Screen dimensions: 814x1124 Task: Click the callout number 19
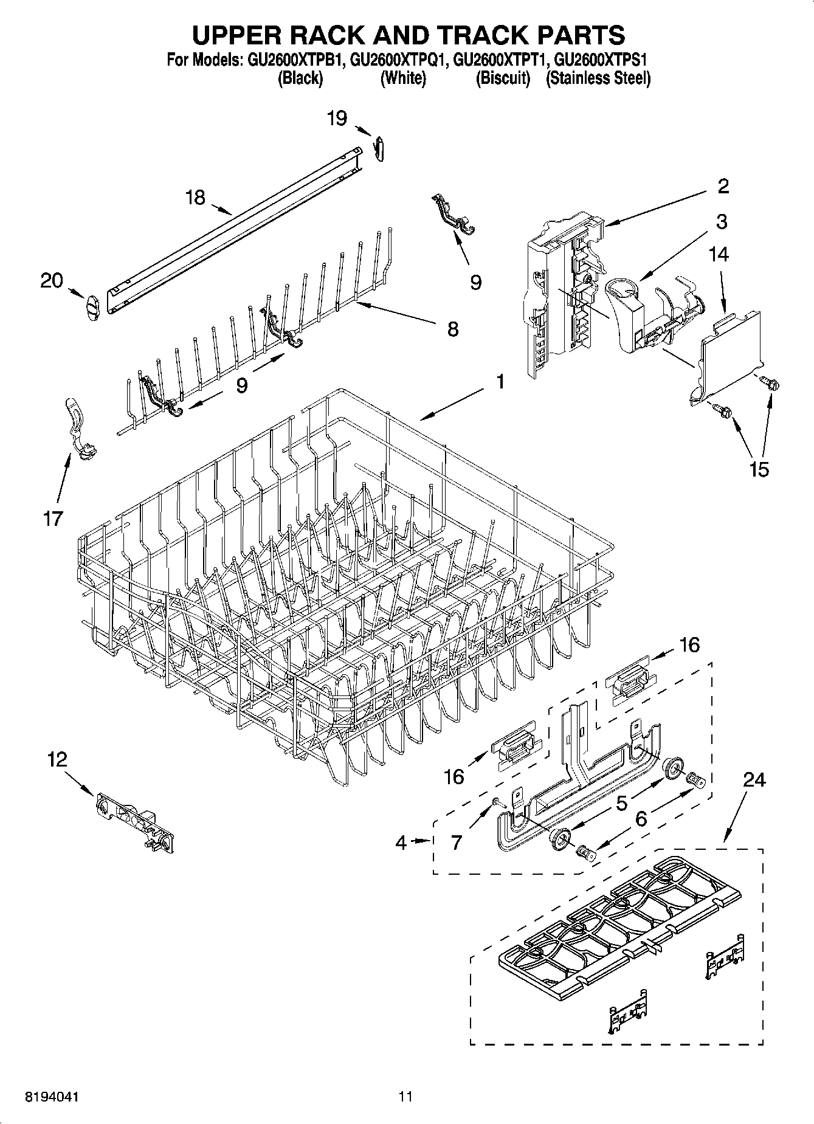(x=337, y=118)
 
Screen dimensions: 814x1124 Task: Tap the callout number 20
(x=52, y=280)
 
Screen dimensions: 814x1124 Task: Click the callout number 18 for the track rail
(x=196, y=198)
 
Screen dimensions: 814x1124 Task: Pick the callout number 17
(x=53, y=519)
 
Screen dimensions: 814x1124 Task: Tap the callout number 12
(x=57, y=759)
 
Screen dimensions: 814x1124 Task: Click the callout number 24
(x=754, y=779)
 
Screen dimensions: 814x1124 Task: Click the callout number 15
(x=759, y=469)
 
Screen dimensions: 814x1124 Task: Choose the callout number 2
(x=723, y=186)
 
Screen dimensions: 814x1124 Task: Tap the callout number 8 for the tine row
(x=453, y=329)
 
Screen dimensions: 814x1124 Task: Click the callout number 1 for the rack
(x=500, y=382)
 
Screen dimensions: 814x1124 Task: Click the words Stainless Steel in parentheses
(x=598, y=78)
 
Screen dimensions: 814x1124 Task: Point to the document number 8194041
(x=51, y=1097)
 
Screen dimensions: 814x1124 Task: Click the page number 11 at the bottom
(x=405, y=1097)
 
